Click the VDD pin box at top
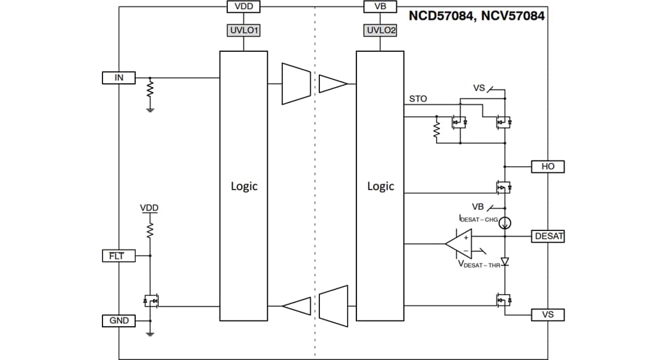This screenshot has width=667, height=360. [x=244, y=7]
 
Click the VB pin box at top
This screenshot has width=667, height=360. [x=380, y=7]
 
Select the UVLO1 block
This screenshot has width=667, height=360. [x=244, y=30]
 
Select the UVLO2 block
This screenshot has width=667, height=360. [x=380, y=30]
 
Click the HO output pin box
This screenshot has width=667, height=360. [x=548, y=167]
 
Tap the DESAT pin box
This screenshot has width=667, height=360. [x=548, y=236]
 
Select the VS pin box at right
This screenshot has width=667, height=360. [x=548, y=315]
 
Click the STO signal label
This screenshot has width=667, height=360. [x=417, y=99]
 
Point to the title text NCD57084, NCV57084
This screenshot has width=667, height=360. [x=477, y=17]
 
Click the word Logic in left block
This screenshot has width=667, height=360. [x=244, y=186]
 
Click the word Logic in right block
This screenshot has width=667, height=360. [x=380, y=186]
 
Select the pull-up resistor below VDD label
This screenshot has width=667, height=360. [x=149, y=230]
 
